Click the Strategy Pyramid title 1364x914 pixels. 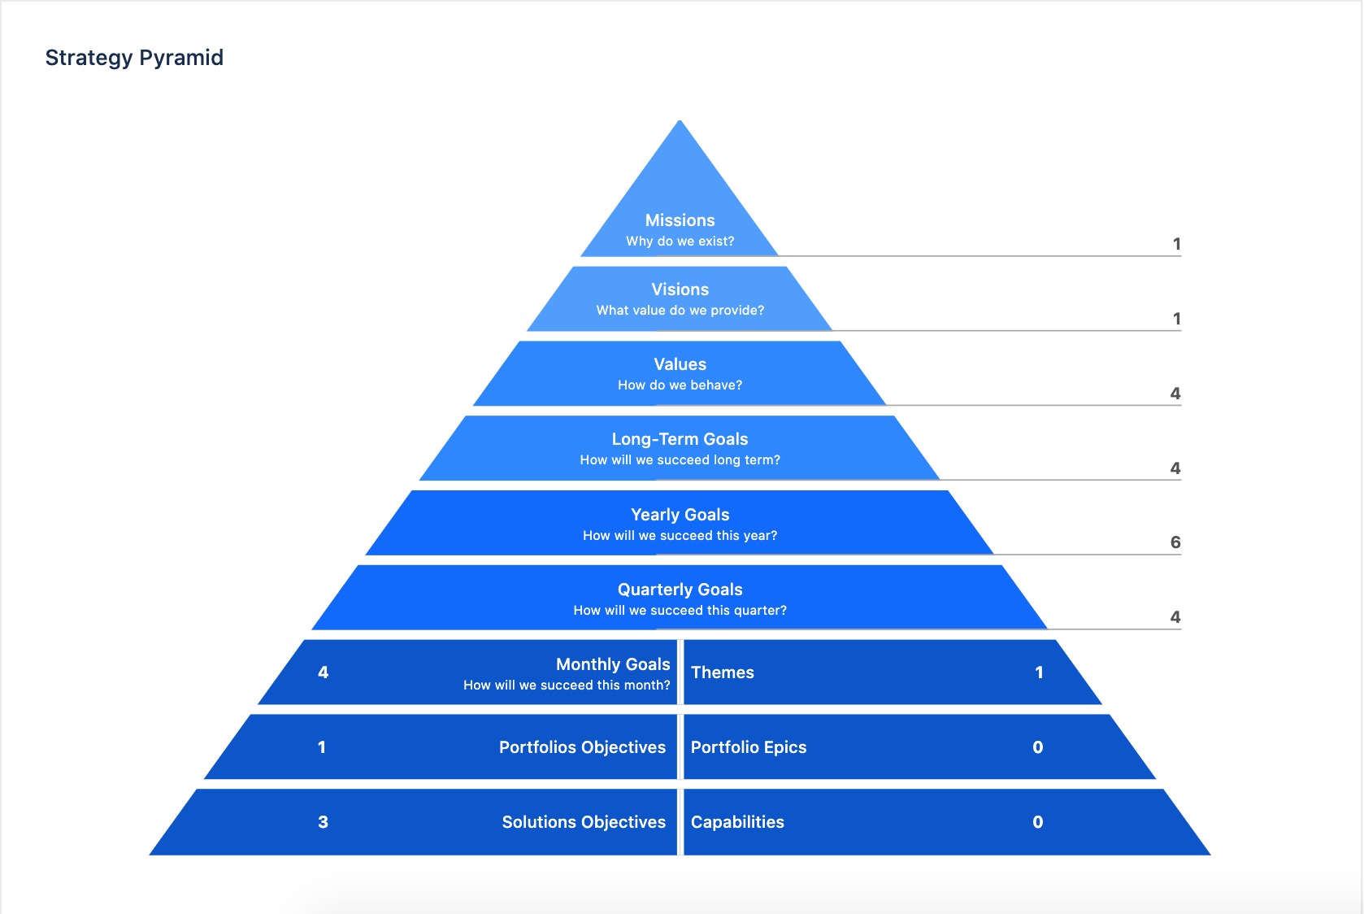point(134,58)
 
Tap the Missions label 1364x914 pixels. point(680,220)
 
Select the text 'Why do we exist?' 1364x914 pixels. point(680,242)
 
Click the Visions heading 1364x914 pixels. point(680,289)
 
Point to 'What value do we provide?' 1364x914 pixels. point(680,311)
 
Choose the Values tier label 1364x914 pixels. point(680,364)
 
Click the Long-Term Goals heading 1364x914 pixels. point(680,439)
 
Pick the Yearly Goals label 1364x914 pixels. point(680,515)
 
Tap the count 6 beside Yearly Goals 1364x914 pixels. point(1175,542)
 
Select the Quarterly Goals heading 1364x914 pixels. point(680,590)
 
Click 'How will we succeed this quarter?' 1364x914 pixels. point(680,611)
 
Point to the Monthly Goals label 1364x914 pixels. point(613,664)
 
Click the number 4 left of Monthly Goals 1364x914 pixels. point(323,672)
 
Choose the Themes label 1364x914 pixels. point(722,672)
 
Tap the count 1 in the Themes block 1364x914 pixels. point(1039,672)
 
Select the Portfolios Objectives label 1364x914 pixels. point(582,747)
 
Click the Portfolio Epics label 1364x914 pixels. point(748,747)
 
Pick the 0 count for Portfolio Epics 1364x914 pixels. point(1037,747)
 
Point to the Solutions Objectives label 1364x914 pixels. point(584,822)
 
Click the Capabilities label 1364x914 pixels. point(737,822)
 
